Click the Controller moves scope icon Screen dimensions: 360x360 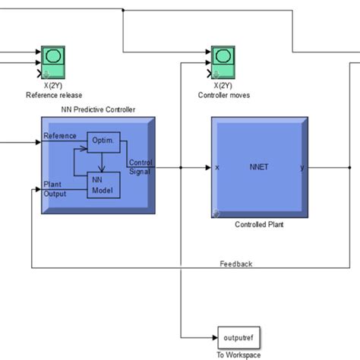coord(223,61)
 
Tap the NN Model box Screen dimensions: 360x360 coord(101,185)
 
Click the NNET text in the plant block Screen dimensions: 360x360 coord(259,166)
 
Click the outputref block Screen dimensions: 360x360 coord(235,337)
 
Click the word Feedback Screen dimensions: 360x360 coord(235,264)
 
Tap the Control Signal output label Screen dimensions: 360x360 coord(141,166)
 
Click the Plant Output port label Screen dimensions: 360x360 coord(54,189)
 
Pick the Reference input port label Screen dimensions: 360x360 coord(59,136)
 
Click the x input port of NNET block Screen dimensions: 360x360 coord(218,167)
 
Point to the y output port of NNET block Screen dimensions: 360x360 coord(302,167)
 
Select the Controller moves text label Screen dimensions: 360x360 coord(223,95)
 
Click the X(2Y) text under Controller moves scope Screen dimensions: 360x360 coord(223,87)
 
